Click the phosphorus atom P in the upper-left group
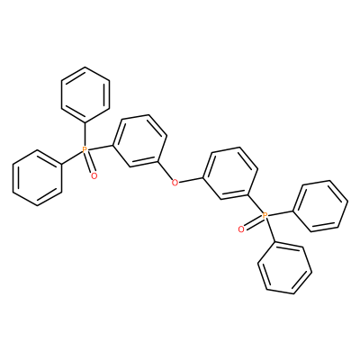85,149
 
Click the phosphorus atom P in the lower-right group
265,215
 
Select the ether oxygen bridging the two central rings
175,182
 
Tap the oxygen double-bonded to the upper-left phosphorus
94,175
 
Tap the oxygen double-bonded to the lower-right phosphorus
240,229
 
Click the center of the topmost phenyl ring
85,94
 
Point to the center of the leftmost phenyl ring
37,177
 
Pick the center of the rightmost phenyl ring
320,206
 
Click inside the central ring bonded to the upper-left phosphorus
139,140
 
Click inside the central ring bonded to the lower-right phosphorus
230,173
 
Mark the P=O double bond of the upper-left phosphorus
90,164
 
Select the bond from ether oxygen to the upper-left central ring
165,171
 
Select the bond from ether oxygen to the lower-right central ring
191,180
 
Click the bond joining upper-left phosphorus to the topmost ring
85,134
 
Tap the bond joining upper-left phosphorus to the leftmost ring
72,157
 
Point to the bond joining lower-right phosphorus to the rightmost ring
281,212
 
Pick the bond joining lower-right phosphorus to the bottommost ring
270,229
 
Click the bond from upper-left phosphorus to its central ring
101,148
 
